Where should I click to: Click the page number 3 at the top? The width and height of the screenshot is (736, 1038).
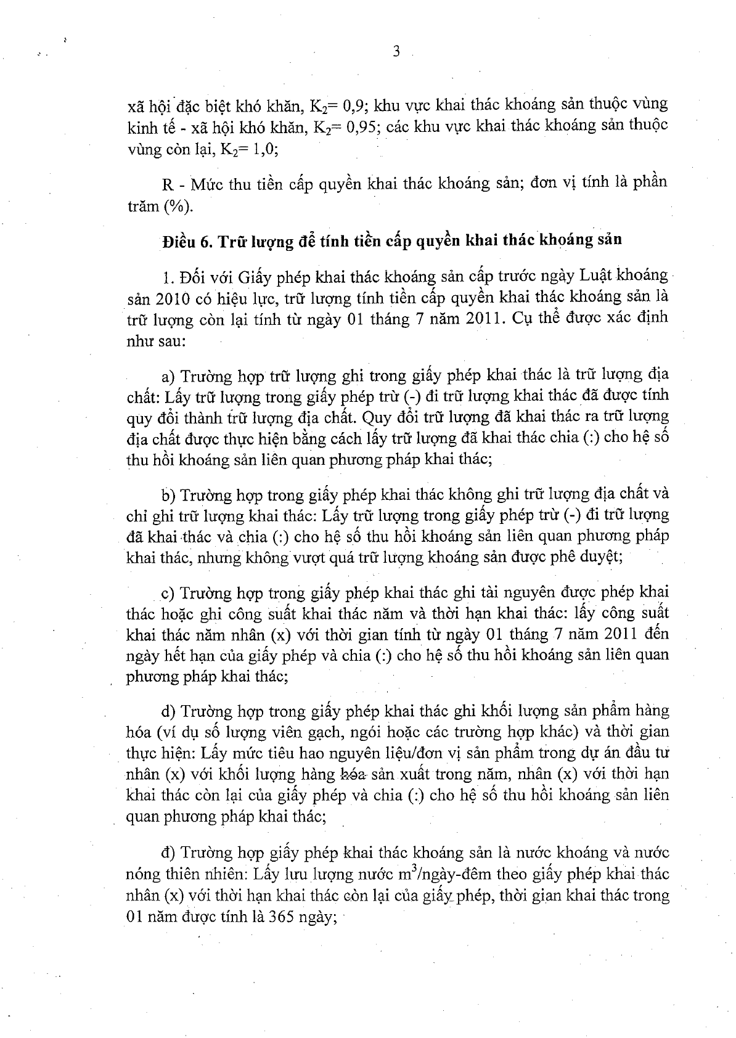coord(396,52)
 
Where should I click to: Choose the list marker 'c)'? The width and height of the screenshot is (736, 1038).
coord(168,593)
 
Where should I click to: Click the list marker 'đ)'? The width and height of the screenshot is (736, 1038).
coord(168,853)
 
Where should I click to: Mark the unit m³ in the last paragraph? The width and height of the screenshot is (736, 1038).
coord(407,873)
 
